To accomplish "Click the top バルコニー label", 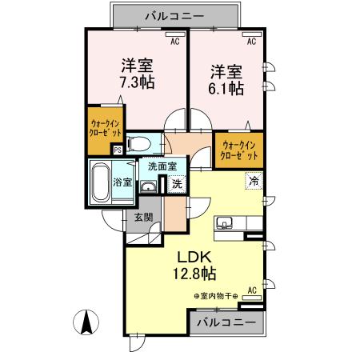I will (x=174, y=14).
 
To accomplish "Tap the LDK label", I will (x=195, y=258).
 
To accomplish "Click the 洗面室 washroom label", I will (x=162, y=167).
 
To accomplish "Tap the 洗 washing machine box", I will (x=177, y=184).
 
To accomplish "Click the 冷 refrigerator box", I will (x=253, y=180).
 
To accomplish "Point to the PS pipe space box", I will (x=117, y=149).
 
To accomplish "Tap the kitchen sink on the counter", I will (x=224, y=223).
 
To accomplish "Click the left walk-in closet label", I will (x=102, y=130).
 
